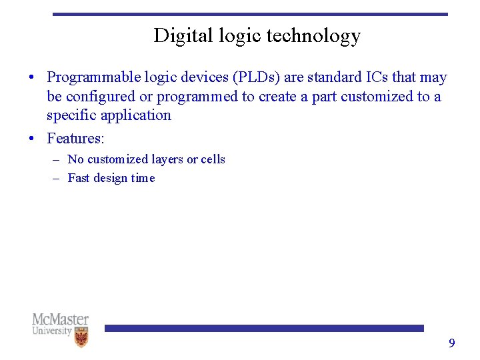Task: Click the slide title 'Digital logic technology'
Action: point(257,35)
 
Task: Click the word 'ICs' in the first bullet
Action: point(373,78)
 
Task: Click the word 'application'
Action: point(136,115)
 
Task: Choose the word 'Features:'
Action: point(75,139)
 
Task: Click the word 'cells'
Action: point(213,159)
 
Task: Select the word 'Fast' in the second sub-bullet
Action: point(79,178)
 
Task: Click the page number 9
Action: point(451,343)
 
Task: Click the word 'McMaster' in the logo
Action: point(60,320)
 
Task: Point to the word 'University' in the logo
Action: point(52,331)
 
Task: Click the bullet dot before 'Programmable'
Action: point(32,78)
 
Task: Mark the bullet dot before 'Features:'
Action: point(32,139)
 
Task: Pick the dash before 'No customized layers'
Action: point(55,160)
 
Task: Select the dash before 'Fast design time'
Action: point(55,179)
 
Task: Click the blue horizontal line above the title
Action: point(250,14)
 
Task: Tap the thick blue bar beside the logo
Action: point(264,328)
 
